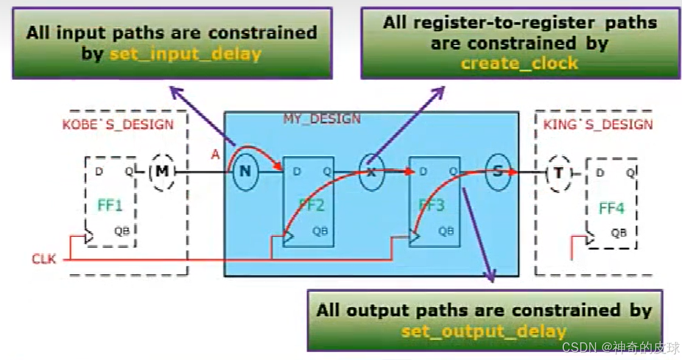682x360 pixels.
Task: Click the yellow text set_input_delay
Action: [x=185, y=54]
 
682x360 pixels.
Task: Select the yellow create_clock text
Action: [x=519, y=63]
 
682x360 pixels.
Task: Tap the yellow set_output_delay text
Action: [x=483, y=331]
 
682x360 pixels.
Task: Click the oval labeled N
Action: [x=245, y=171]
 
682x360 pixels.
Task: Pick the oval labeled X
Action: [x=371, y=172]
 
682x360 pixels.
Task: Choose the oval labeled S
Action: [x=497, y=172]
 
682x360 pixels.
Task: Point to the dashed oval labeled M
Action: [x=161, y=171]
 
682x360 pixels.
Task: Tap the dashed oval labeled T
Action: [x=558, y=172]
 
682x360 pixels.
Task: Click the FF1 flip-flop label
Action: [x=110, y=205]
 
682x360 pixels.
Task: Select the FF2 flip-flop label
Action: [x=311, y=205]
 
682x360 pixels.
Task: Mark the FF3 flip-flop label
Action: [x=432, y=205]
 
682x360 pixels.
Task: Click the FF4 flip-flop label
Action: [x=611, y=208]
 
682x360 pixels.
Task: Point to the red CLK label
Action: [x=44, y=259]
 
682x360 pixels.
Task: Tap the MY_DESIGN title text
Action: [x=322, y=119]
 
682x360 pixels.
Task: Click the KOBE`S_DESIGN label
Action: [x=118, y=125]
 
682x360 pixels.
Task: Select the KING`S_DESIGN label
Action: [x=597, y=125]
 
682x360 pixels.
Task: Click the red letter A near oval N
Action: [x=215, y=155]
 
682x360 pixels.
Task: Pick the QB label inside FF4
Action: [x=619, y=233]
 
